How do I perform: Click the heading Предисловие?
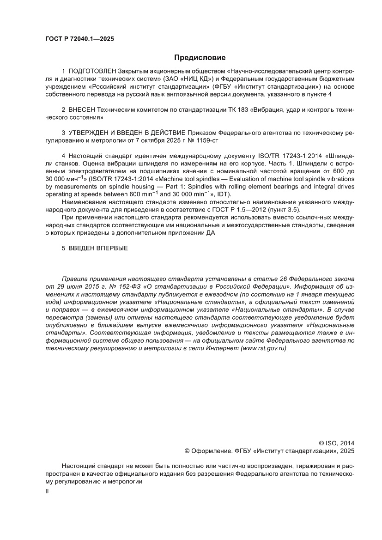(200, 58)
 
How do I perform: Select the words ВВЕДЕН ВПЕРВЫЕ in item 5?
(98, 248)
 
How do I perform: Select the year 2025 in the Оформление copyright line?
(347, 450)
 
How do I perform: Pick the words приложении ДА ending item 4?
(192, 233)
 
